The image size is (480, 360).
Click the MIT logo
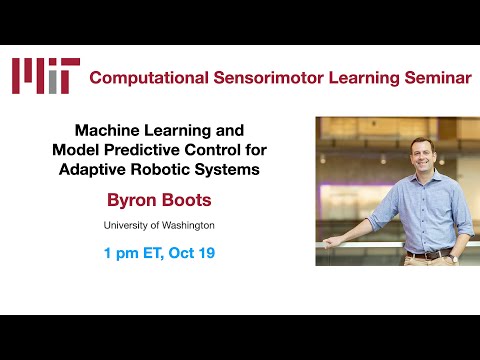(x=45, y=76)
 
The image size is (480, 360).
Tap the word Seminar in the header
(x=432, y=78)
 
